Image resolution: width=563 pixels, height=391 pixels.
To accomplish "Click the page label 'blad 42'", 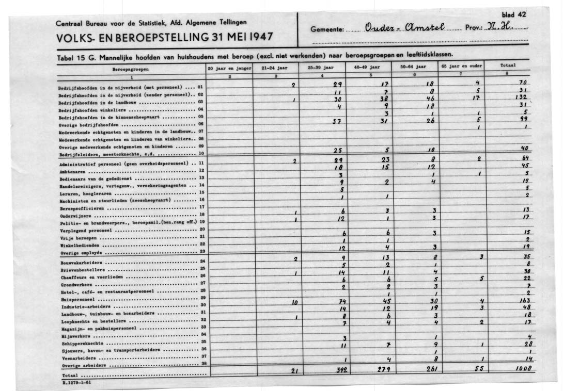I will click(x=513, y=15).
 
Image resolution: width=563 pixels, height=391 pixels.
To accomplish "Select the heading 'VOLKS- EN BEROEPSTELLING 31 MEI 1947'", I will click(x=164, y=38).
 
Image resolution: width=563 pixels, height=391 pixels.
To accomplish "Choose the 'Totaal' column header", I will click(x=509, y=67).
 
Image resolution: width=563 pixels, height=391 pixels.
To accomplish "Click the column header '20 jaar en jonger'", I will click(x=229, y=68).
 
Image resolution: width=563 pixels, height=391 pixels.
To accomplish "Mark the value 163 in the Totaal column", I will click(x=524, y=300).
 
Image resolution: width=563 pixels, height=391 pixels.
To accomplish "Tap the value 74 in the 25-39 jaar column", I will click(x=341, y=301).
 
